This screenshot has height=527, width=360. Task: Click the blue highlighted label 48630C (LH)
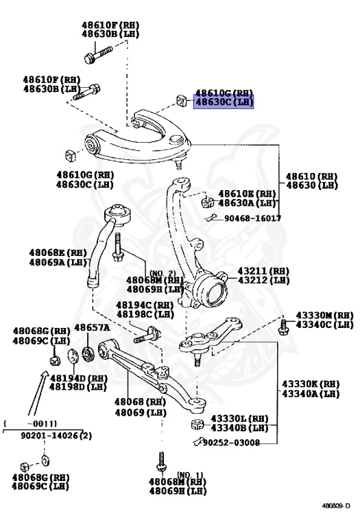click(x=224, y=102)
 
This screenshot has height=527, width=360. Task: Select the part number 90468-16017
click(x=252, y=218)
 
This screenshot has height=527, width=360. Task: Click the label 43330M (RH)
click(x=324, y=315)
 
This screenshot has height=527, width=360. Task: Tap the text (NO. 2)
click(x=163, y=273)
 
